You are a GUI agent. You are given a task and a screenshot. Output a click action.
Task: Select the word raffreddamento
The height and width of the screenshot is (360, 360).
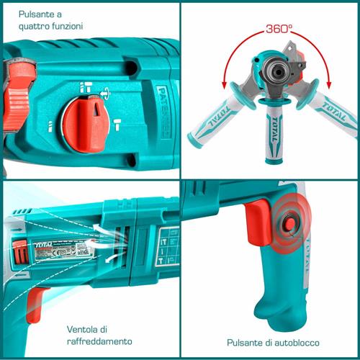click(x=97, y=341)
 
